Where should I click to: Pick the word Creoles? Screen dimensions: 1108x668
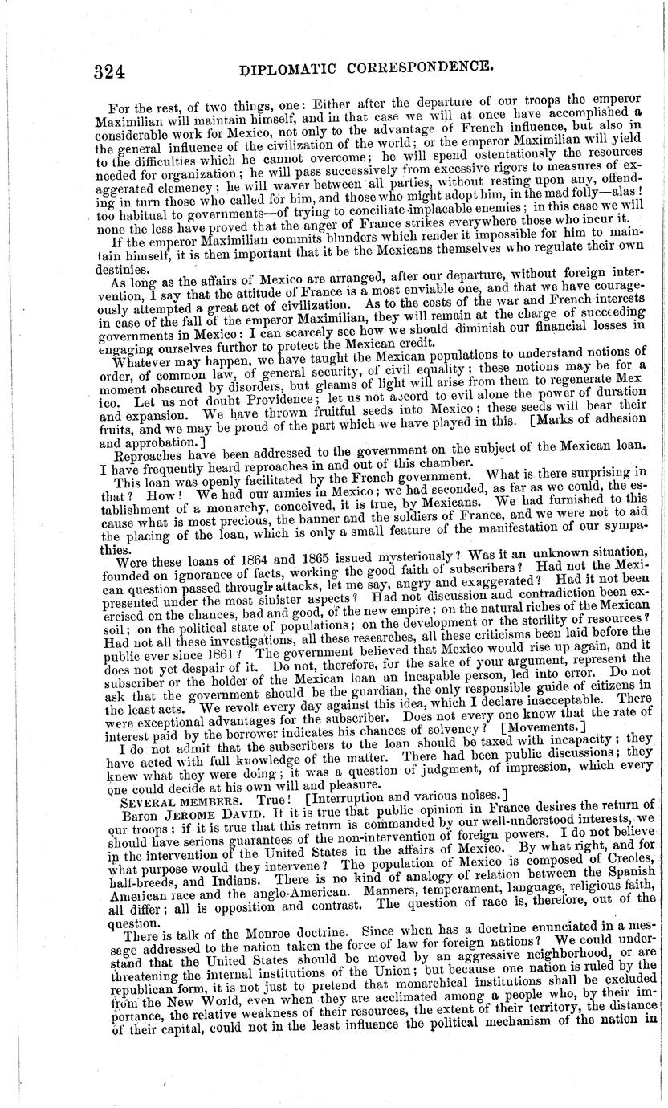[x=633, y=844]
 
